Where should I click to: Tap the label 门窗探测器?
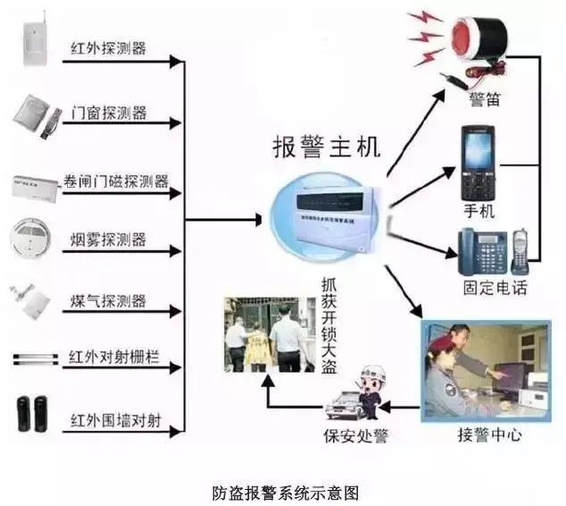point(109,114)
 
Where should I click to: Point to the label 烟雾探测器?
point(109,240)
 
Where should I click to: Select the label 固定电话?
point(495,288)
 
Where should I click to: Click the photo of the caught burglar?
point(265,335)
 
